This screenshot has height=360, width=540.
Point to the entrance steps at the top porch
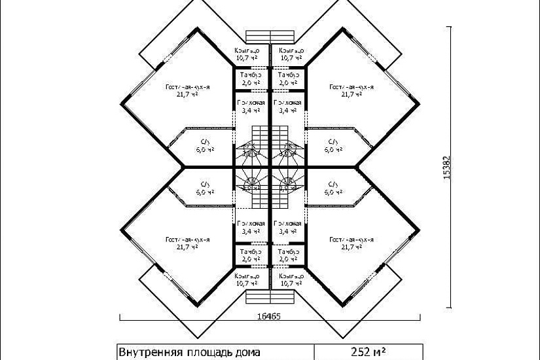[268, 36]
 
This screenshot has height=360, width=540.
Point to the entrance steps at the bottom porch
[268, 298]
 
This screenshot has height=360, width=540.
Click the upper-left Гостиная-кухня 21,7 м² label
[187, 90]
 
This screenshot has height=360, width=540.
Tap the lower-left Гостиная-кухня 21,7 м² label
[187, 244]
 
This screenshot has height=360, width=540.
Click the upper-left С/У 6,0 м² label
[205, 145]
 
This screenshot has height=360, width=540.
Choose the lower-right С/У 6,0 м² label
[333, 189]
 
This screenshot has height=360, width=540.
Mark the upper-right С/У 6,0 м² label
[333, 145]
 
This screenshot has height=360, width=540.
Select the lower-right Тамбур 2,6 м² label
[288, 255]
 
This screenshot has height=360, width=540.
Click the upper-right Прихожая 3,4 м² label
[288, 107]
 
